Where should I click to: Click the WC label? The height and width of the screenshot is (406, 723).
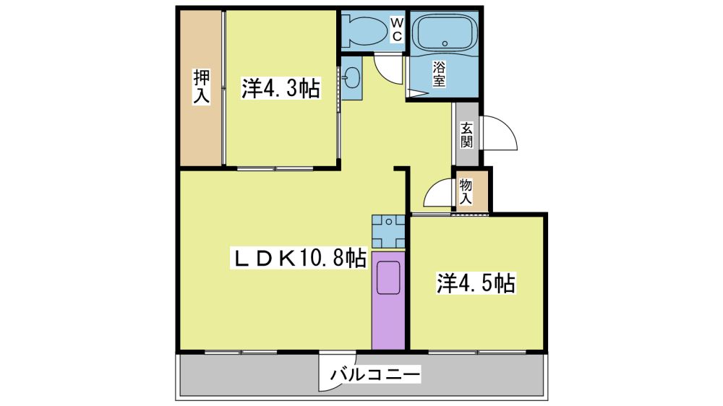click(x=397, y=30)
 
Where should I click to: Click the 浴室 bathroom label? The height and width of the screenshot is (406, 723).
click(x=439, y=74)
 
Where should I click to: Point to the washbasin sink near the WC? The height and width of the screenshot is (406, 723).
click(x=352, y=77)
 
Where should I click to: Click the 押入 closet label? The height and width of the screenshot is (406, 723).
click(x=202, y=86)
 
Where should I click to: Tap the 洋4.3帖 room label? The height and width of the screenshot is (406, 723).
click(x=281, y=88)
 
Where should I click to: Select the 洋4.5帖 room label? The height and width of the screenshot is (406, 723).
click(x=476, y=283)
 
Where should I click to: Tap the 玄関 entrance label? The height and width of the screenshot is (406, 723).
click(x=466, y=134)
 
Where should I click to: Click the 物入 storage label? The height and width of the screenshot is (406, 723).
click(x=466, y=191)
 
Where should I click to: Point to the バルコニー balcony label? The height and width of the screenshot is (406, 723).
click(x=375, y=373)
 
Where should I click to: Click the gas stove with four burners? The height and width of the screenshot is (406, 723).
click(x=389, y=231)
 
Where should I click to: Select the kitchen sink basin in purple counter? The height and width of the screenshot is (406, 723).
click(x=388, y=277)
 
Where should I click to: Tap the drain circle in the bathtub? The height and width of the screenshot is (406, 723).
click(x=445, y=44)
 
